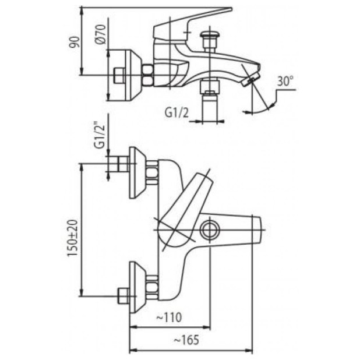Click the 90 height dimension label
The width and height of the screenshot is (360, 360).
pyautogui.click(x=75, y=42)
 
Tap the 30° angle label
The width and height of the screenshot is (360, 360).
pyautogui.click(x=285, y=81)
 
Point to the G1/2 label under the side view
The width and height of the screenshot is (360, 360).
pyautogui.click(x=177, y=113)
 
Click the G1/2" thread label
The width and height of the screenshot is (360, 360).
pyautogui.click(x=100, y=136)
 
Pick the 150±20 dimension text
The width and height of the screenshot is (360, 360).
pyautogui.click(x=73, y=238)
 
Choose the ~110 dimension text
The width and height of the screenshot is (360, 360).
pyautogui.click(x=169, y=317)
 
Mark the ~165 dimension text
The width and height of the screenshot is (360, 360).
pyautogui.click(x=186, y=340)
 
